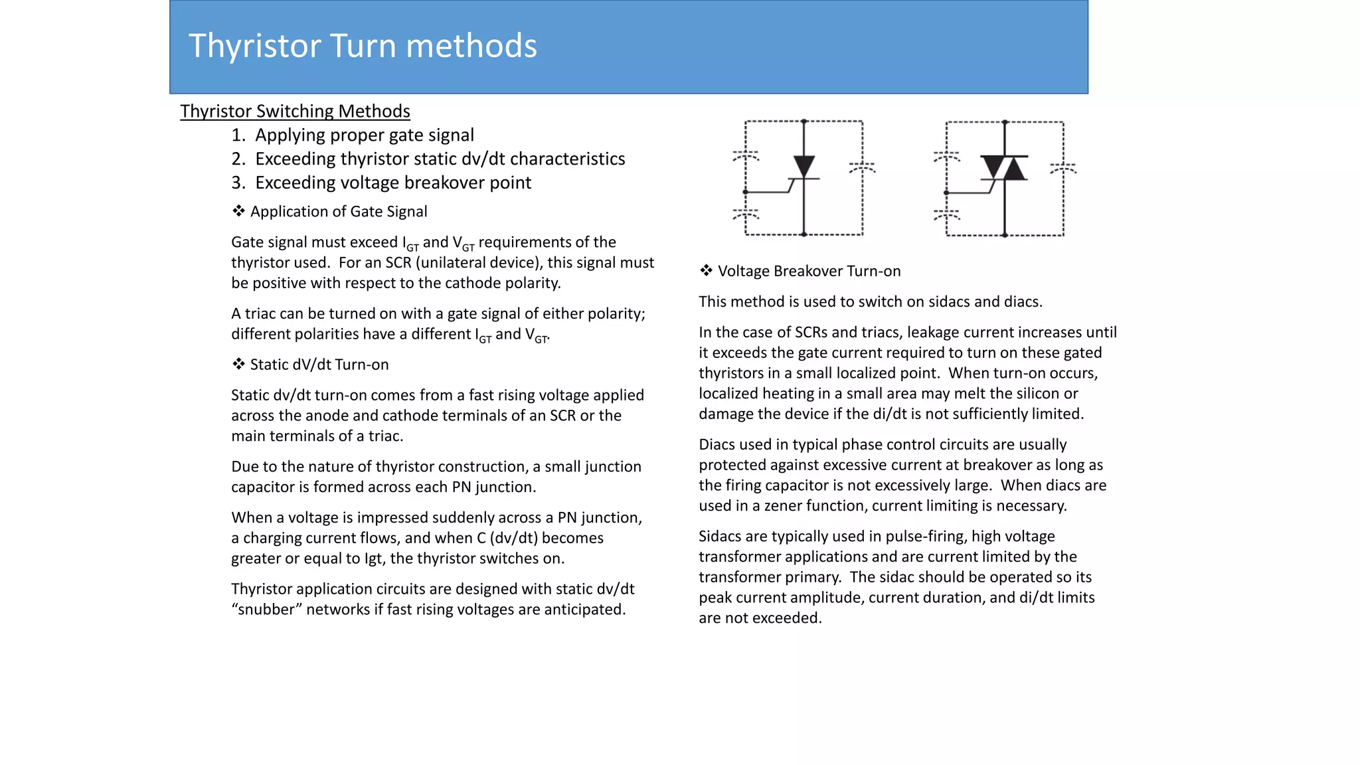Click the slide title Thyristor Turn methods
pyautogui.click(x=363, y=46)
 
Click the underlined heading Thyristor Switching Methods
pyautogui.click(x=295, y=111)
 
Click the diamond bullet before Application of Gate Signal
pyautogui.click(x=238, y=211)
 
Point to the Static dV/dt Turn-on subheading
pyautogui.click(x=319, y=365)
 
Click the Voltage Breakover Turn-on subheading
pyautogui.click(x=808, y=271)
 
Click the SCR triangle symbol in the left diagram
pyautogui.click(x=804, y=166)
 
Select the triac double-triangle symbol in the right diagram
pyautogui.click(x=1004, y=168)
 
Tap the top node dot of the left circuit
pyautogui.click(x=804, y=122)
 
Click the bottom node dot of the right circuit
pyautogui.click(x=1005, y=235)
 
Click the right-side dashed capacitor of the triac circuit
pyautogui.click(x=1063, y=168)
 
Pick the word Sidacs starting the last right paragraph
pyautogui.click(x=722, y=537)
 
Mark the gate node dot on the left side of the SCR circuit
pyautogui.click(x=746, y=192)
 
